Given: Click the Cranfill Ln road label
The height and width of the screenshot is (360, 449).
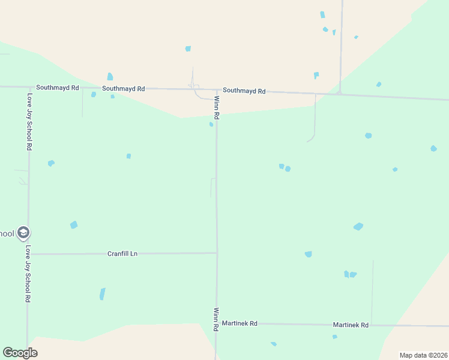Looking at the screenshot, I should pyautogui.click(x=122, y=254).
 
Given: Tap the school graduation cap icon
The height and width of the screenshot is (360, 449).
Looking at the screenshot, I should pyautogui.click(x=23, y=232).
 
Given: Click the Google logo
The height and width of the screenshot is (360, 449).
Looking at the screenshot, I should pyautogui.click(x=20, y=353).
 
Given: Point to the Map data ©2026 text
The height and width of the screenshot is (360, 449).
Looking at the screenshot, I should pyautogui.click(x=423, y=355).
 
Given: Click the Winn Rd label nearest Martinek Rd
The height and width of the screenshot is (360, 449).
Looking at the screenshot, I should pyautogui.click(x=216, y=319).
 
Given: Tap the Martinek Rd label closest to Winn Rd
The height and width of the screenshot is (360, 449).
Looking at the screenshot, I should pyautogui.click(x=240, y=323).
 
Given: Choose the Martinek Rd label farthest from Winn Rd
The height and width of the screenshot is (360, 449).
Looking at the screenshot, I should pyautogui.click(x=351, y=325).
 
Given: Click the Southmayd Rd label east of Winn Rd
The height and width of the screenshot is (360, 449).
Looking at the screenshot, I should pyautogui.click(x=244, y=91).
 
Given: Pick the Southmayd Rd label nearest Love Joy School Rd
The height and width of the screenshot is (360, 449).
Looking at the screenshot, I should pyautogui.click(x=58, y=87).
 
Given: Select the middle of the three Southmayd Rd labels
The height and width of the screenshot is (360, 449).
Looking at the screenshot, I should pyautogui.click(x=124, y=88).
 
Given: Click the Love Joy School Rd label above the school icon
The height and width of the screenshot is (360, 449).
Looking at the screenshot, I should pyautogui.click(x=29, y=121).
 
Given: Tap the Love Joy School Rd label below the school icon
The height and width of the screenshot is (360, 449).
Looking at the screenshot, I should pyautogui.click(x=27, y=273).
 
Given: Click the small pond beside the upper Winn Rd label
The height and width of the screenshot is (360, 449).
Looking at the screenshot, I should pyautogui.click(x=211, y=125).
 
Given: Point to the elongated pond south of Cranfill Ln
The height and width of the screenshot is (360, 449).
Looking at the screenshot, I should pyautogui.click(x=102, y=294).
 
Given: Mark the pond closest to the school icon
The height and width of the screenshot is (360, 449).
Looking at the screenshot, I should pyautogui.click(x=74, y=225).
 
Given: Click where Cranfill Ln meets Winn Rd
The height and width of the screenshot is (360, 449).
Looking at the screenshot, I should pyautogui.click(x=217, y=253).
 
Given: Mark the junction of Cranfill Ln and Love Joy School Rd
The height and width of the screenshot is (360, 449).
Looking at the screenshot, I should pyautogui.click(x=28, y=254).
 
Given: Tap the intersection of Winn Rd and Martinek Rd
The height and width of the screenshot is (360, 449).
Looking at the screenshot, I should pyautogui.click(x=216, y=323).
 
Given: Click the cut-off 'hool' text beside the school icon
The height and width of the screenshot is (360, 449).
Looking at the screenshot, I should pyautogui.click(x=7, y=233).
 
